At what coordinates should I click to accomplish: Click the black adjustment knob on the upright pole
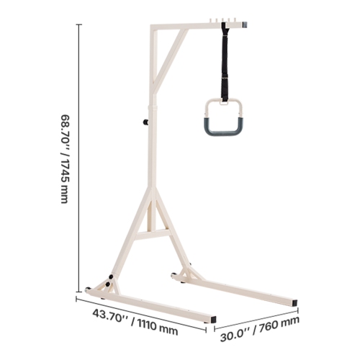point(146,123)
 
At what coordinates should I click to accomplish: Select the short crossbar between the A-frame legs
point(152,231)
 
